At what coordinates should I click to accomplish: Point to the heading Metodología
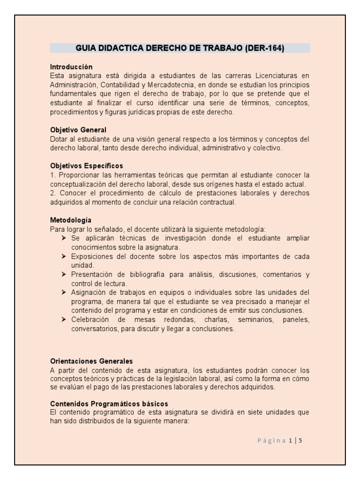point(70,220)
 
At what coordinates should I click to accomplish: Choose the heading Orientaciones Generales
point(91,361)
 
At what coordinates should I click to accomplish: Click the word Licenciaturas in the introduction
point(278,75)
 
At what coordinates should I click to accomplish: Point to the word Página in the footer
point(272,441)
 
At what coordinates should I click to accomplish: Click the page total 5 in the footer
point(300,441)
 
